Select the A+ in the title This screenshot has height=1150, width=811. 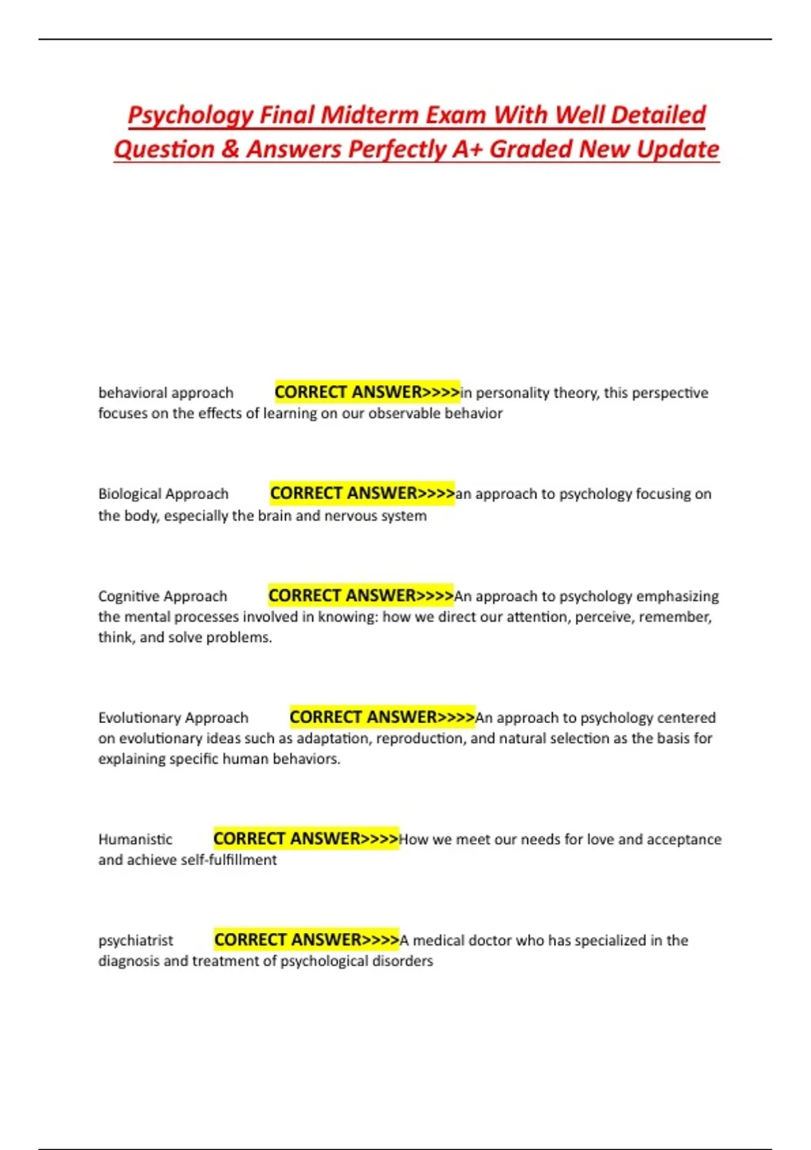(x=467, y=149)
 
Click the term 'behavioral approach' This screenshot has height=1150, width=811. (x=166, y=393)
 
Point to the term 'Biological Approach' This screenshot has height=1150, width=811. (x=163, y=494)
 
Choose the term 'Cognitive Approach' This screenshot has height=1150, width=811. (x=162, y=596)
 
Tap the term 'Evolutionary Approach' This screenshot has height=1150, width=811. (x=173, y=718)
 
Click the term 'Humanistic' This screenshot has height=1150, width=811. (x=135, y=839)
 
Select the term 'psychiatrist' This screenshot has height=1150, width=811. (x=135, y=940)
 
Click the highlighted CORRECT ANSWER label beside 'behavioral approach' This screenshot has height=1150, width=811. (x=367, y=392)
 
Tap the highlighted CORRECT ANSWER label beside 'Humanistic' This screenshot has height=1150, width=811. (x=306, y=839)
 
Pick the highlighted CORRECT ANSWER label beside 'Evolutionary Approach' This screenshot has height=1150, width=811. (x=382, y=717)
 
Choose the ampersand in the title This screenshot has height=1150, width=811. (x=230, y=149)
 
